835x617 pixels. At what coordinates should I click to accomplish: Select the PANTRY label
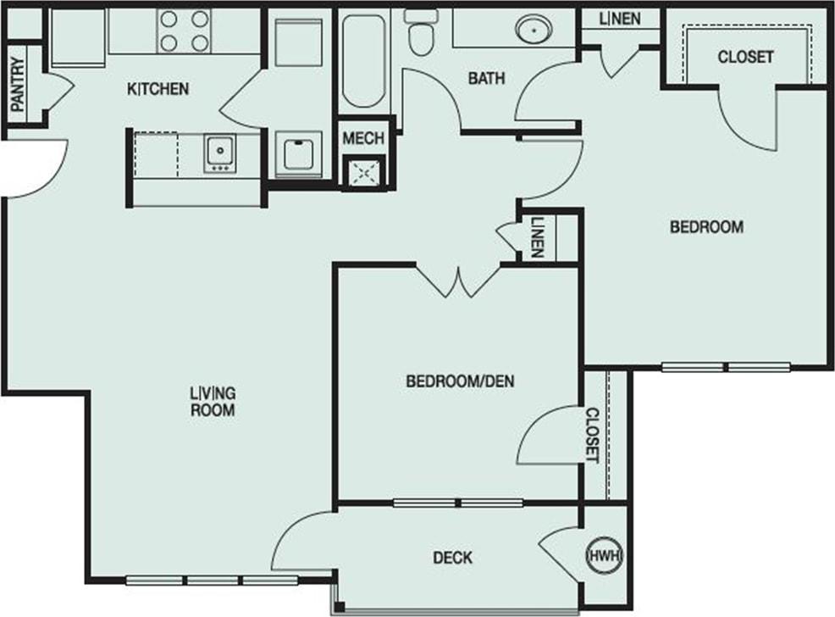(17, 85)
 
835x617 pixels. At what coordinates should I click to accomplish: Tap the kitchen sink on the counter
(220, 153)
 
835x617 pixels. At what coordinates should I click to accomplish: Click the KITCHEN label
(158, 89)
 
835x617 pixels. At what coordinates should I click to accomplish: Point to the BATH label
(486, 79)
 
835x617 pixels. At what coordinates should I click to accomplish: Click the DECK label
(452, 558)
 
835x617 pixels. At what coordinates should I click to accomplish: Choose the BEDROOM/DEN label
(460, 381)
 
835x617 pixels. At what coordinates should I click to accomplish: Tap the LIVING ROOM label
(212, 401)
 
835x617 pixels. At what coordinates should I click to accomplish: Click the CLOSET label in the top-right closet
(745, 57)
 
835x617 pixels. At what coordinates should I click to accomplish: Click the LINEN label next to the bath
(619, 19)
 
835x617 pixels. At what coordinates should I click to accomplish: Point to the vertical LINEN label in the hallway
(538, 237)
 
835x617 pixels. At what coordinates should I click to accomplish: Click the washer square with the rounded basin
(299, 153)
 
